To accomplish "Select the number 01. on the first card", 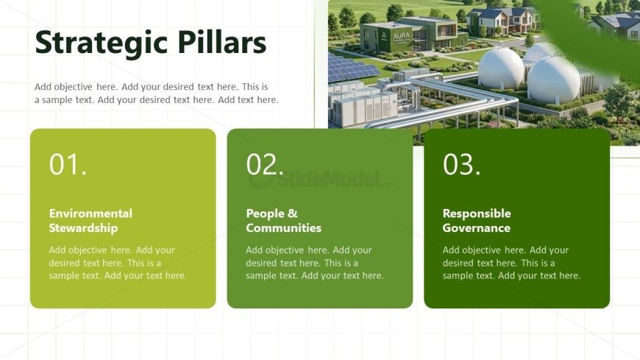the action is (x=68, y=164).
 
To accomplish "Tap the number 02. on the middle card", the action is (x=265, y=164).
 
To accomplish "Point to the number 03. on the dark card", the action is (x=462, y=164).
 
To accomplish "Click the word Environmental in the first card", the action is (x=90, y=213).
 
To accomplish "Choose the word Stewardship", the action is (x=83, y=228).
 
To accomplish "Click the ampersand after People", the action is (x=293, y=213).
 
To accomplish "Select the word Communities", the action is (x=284, y=227).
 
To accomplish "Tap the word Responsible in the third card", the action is (x=477, y=213).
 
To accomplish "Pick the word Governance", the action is (x=477, y=227).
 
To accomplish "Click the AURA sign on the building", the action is (x=401, y=36).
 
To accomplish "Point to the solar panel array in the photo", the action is (x=351, y=67).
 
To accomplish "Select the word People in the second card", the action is (x=266, y=213).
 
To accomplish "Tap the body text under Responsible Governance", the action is (x=511, y=263).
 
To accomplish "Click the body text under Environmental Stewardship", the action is (x=118, y=263).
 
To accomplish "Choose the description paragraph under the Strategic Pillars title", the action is (x=157, y=93).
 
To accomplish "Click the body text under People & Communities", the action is (x=315, y=263).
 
